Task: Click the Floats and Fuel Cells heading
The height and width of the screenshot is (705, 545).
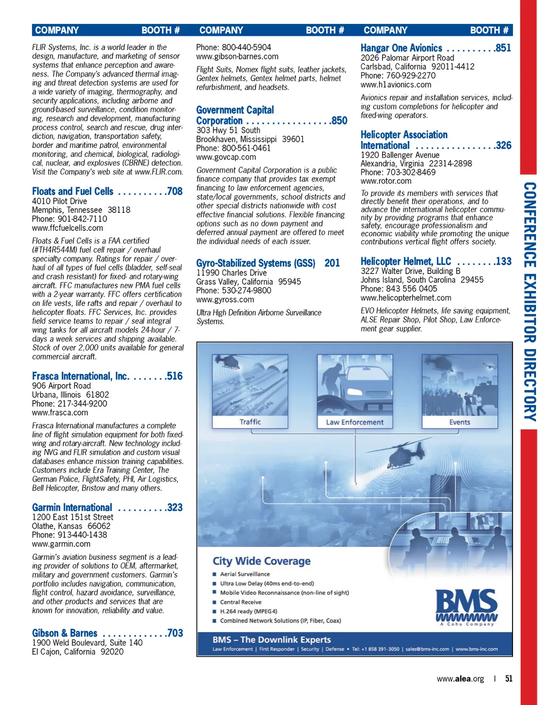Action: [72, 192]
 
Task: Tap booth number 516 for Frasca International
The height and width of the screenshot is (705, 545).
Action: [174, 376]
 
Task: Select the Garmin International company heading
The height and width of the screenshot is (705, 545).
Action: [72, 508]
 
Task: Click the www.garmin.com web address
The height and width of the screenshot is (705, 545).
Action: [61, 544]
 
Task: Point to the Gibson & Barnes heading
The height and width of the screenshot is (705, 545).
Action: [64, 633]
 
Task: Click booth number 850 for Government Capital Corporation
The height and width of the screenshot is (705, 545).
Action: [339, 121]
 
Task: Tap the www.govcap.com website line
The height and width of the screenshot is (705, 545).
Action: [226, 157]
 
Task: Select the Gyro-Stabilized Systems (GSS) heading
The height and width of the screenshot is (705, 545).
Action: [255, 263]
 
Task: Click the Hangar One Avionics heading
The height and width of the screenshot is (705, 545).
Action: [401, 48]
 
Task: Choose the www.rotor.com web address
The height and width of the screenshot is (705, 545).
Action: [386, 181]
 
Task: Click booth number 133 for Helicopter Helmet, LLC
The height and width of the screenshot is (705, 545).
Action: [502, 261]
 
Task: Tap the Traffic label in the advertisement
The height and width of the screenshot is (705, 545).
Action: [250, 422]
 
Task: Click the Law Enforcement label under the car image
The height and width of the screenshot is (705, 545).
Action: [354, 422]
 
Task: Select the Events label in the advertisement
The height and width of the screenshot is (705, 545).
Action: [459, 422]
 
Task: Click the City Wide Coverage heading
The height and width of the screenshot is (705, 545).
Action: [261, 561]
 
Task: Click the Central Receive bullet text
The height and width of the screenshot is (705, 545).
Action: [241, 602]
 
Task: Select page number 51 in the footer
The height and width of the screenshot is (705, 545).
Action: [509, 678]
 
